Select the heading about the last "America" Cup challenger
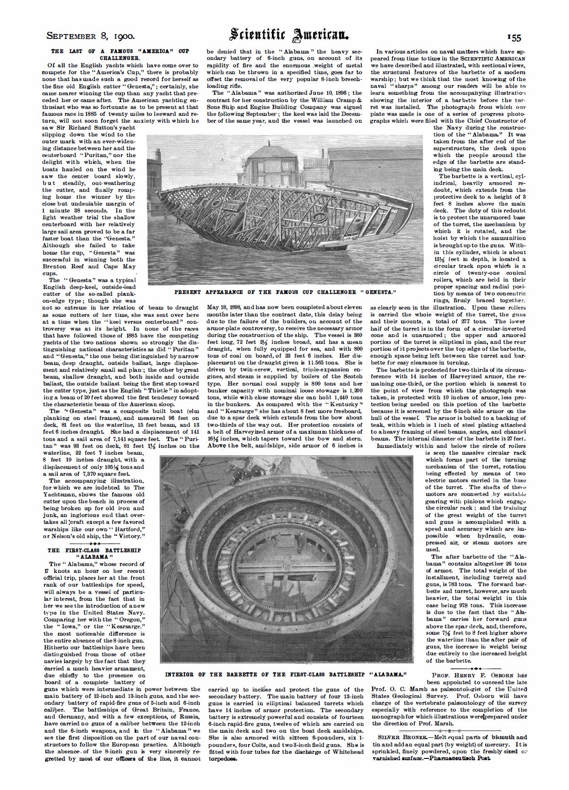pos(120,54)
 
